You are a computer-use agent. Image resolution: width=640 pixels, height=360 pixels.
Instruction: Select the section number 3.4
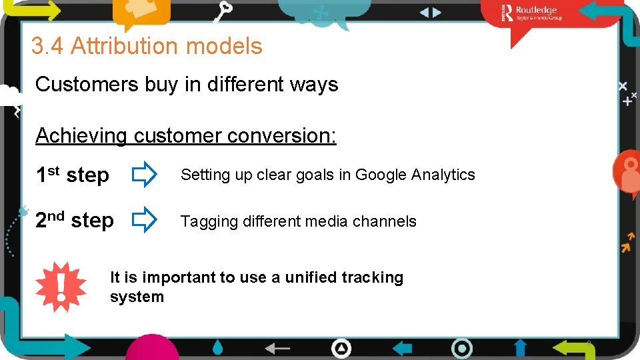pos(47,47)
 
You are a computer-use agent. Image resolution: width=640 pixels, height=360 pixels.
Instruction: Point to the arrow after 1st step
pos(143,175)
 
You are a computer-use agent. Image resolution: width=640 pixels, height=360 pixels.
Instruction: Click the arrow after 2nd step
pos(143,220)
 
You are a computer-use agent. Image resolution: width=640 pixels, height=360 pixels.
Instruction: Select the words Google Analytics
pos(415,175)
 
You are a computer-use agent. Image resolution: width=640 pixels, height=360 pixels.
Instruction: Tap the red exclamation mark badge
pos(61,285)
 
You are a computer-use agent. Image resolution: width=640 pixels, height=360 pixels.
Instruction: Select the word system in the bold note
pos(137,297)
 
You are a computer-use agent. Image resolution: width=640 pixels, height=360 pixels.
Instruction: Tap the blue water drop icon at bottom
pos(218,348)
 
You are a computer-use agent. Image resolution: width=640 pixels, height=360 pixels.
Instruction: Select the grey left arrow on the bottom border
pos(278,348)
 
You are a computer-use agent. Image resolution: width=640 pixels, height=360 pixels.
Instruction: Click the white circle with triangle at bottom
pos(341,348)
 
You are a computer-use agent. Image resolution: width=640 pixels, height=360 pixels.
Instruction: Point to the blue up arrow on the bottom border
pos(520,347)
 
